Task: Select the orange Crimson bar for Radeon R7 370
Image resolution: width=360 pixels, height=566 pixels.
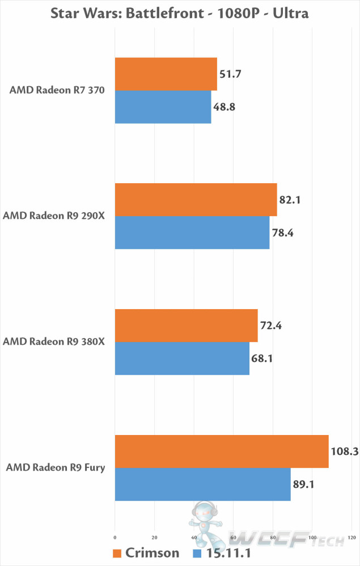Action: coord(166,74)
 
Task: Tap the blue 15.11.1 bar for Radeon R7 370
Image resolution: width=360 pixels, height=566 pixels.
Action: coord(163,107)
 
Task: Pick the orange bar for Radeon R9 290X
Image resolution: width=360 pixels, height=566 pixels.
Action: coord(196,200)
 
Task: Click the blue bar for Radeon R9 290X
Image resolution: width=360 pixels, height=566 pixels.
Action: coord(192,233)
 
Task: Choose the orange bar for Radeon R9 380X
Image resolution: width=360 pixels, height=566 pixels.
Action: coord(186,326)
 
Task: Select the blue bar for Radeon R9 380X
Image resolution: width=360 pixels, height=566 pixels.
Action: coord(182,358)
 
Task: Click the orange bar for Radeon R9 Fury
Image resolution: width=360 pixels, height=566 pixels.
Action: coord(222,451)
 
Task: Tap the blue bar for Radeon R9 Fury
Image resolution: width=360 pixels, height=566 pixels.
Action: coord(202,484)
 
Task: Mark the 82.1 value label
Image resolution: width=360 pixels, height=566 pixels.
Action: coord(293,200)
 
